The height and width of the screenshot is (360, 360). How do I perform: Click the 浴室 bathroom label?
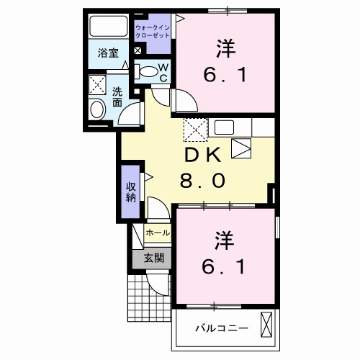tap(109, 53)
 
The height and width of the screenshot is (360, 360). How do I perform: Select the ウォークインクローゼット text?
tap(153, 31)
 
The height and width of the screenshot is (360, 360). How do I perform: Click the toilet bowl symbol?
tap(148, 71)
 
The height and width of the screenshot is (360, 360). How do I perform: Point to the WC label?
tap(163, 73)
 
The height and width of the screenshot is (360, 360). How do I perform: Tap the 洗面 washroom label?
tap(117, 96)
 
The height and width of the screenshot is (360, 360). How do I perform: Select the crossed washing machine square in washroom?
tap(97, 86)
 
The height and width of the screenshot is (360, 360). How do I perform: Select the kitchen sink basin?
tap(222, 128)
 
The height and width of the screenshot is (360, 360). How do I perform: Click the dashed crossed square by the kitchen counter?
tap(195, 130)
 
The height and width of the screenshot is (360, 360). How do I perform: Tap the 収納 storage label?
tap(131, 191)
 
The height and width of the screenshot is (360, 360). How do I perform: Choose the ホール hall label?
tap(158, 233)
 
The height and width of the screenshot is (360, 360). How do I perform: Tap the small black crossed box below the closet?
tap(138, 52)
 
